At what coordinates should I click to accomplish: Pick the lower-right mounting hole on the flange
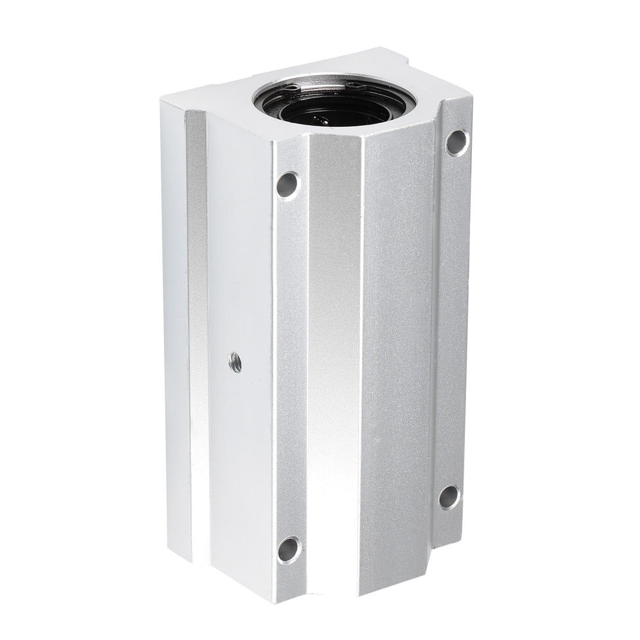(449, 494)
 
